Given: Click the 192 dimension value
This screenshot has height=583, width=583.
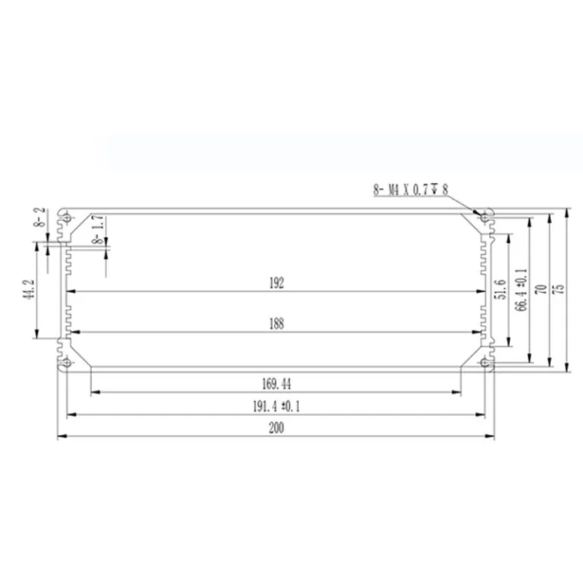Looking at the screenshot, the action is [x=276, y=283].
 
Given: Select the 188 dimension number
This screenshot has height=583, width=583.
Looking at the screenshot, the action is [x=276, y=324].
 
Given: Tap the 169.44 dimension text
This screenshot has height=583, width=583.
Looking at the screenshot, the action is [x=276, y=383].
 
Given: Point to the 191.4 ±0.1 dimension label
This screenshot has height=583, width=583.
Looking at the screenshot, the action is [x=276, y=406].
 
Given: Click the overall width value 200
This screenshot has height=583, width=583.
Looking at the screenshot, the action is [x=276, y=428].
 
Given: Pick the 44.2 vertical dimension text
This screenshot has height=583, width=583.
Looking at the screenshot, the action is [x=30, y=290].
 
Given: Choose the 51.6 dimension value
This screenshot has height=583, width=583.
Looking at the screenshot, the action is [x=502, y=289].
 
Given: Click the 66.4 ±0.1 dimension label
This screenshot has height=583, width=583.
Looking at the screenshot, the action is [x=522, y=290].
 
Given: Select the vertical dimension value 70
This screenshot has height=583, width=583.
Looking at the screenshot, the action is [x=543, y=289].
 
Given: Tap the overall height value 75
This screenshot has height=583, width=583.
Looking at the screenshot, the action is [x=559, y=289].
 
